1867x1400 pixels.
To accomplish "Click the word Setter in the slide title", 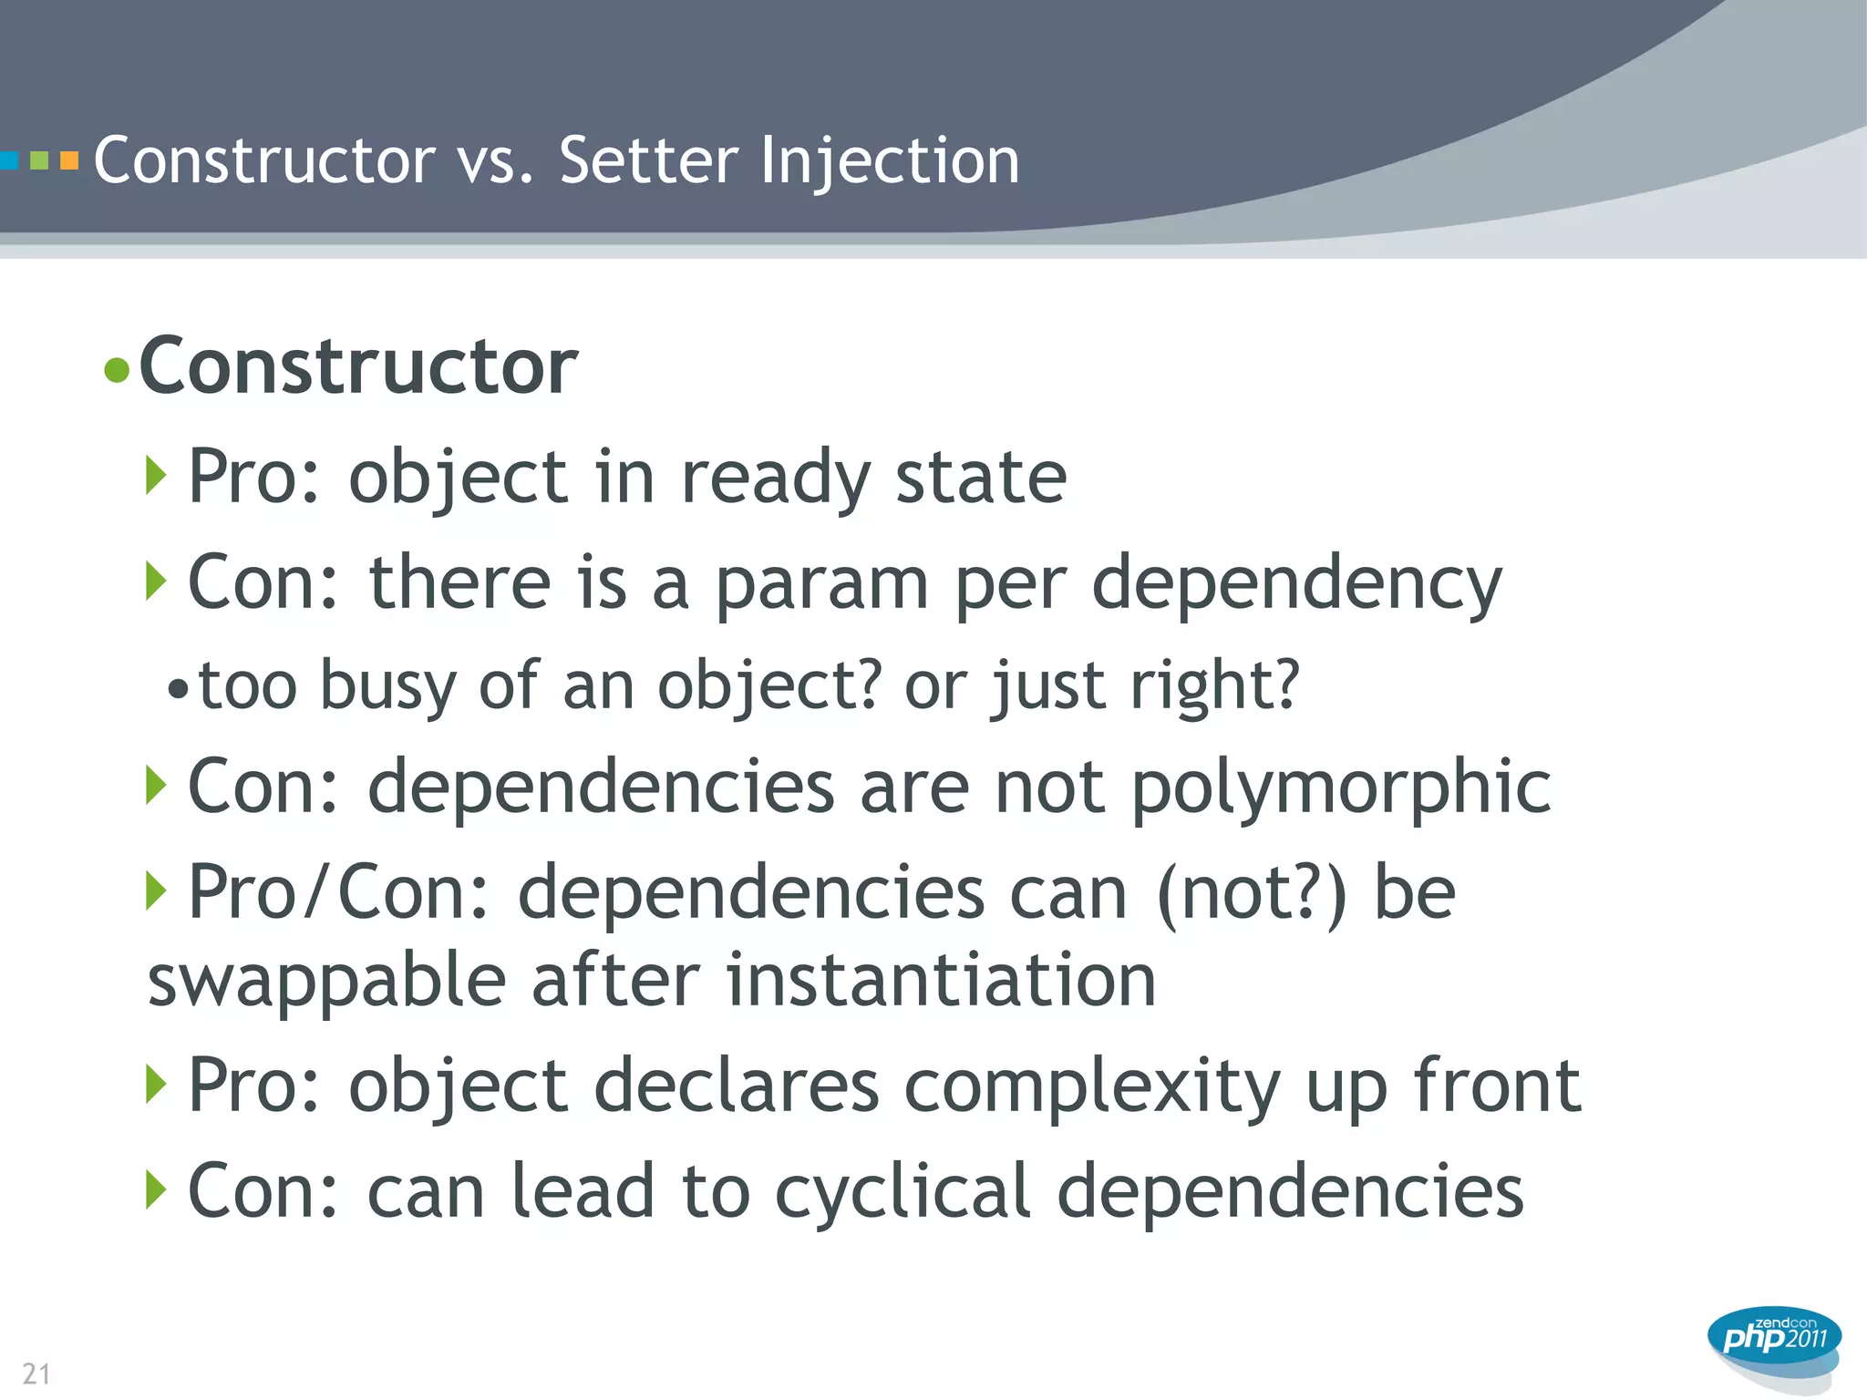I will tap(648, 161).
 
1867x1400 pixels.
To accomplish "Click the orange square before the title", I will tap(69, 161).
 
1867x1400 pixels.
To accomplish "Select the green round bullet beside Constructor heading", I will tap(117, 370).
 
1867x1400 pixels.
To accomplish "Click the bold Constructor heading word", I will tap(358, 366).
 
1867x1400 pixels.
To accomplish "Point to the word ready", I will tap(775, 478).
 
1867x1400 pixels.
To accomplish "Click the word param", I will tap(821, 583).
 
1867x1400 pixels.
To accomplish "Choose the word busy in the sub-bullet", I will tap(387, 685).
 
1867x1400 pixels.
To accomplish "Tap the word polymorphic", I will tap(1341, 787).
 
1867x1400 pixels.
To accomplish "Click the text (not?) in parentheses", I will tap(1251, 893).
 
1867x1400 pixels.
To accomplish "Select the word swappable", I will tap(327, 982).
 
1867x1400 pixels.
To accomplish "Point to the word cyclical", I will tap(903, 1191).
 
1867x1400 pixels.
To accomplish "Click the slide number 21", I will tap(36, 1373).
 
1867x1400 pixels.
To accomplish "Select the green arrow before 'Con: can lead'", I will tap(156, 1189).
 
